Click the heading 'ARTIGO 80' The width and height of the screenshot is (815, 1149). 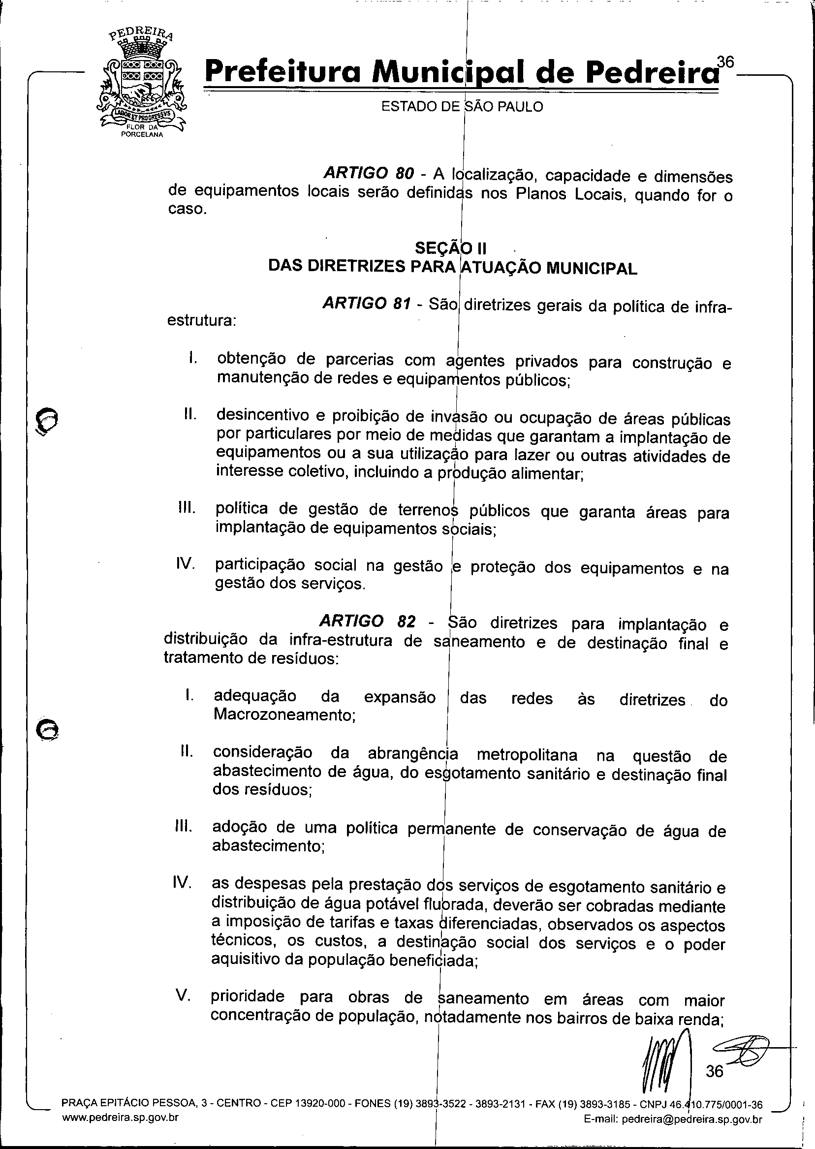coord(369,173)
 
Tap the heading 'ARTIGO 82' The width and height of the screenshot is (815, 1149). coord(367,621)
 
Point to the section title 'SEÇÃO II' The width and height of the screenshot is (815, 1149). coord(444,248)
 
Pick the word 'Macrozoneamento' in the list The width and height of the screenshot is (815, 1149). coord(284,714)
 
